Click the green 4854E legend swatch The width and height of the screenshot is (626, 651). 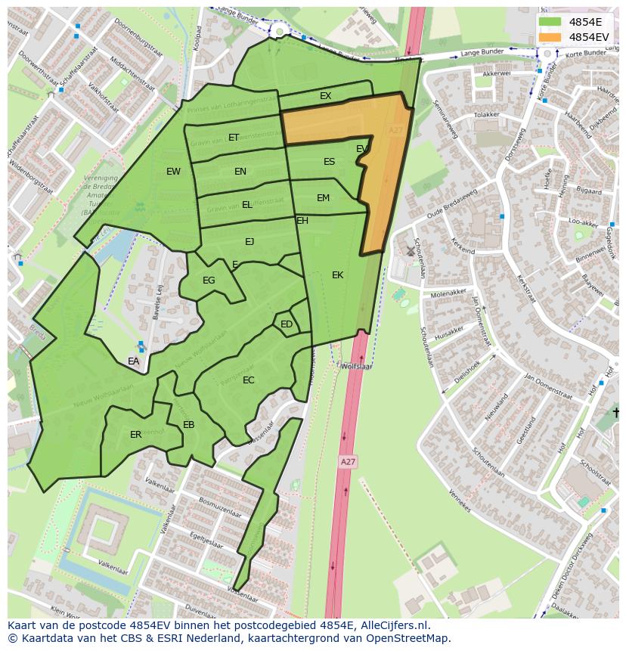[550, 22]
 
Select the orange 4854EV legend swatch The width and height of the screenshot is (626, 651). [550, 37]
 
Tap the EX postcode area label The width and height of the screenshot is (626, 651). [325, 96]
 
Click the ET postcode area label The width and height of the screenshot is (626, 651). [234, 138]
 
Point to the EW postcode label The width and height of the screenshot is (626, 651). [173, 172]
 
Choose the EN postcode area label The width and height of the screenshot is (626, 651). [240, 172]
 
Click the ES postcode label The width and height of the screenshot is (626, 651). [329, 162]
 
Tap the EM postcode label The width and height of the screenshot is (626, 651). [323, 198]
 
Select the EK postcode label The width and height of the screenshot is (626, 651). [337, 275]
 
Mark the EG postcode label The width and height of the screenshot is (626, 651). [209, 281]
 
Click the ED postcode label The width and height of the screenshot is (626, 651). [287, 324]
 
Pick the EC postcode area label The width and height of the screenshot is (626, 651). [249, 380]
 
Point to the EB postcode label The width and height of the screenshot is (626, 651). [188, 425]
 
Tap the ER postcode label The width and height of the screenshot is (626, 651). [135, 435]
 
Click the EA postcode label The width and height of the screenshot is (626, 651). [133, 361]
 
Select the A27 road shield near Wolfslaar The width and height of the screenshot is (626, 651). [347, 461]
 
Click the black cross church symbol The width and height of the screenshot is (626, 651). [616, 413]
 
